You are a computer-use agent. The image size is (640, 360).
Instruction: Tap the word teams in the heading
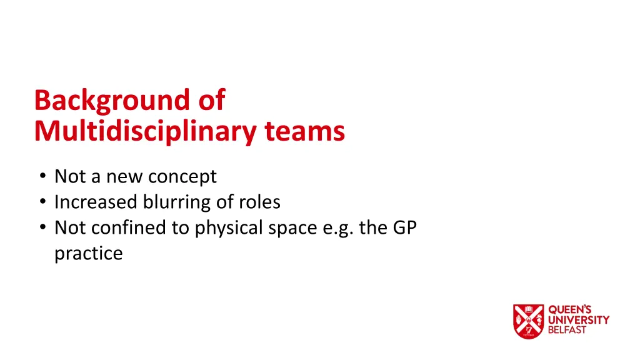(x=304, y=131)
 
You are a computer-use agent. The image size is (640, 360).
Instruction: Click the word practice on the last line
(x=88, y=254)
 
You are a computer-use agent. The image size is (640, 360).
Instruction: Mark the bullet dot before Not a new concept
(x=41, y=177)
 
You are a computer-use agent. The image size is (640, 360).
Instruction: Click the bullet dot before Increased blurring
(x=41, y=202)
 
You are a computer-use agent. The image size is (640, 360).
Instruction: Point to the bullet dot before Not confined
(x=41, y=227)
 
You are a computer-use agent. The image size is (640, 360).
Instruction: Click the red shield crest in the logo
(x=528, y=321)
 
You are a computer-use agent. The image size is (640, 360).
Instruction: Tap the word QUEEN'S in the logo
(x=569, y=310)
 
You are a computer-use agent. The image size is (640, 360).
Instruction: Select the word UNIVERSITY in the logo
(x=579, y=320)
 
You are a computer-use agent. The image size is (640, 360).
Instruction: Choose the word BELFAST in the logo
(x=567, y=330)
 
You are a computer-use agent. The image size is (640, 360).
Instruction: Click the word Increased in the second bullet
(x=96, y=202)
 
